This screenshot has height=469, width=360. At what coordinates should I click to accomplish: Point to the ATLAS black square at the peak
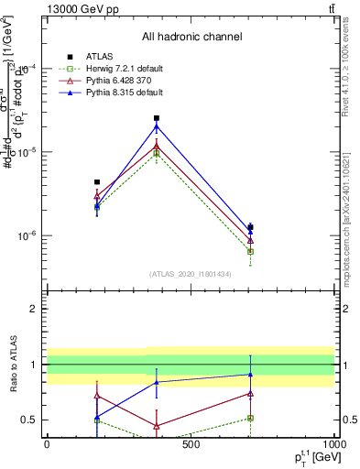tap(157, 118)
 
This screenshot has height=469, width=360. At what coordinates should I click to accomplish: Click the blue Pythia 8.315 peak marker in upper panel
tap(157, 126)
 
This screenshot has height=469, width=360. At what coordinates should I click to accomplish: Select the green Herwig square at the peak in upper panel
tap(157, 153)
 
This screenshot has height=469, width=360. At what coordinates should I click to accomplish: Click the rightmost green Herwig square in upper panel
tap(250, 251)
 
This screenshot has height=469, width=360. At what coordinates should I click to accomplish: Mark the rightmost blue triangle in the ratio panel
tap(250, 374)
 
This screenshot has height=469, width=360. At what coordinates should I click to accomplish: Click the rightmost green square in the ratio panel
tap(250, 418)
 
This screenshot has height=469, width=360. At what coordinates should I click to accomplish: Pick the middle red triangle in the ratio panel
tap(157, 426)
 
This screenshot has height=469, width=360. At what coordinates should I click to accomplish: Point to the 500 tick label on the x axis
tap(191, 444)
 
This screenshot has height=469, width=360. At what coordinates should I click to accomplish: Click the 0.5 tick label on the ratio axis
tap(29, 420)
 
